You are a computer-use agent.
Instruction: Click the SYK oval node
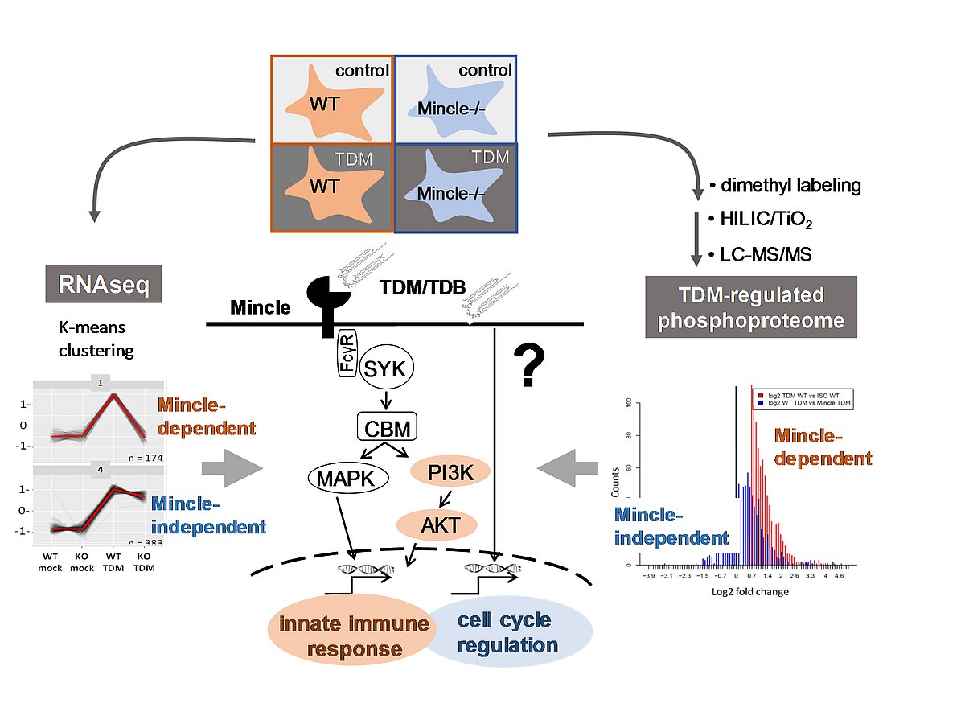coord(385,369)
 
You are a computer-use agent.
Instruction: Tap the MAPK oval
coord(347,479)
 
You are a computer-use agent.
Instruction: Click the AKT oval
coord(437,525)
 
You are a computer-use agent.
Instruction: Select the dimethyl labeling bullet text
coord(784,186)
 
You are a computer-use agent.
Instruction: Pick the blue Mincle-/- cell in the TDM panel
coord(455,189)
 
